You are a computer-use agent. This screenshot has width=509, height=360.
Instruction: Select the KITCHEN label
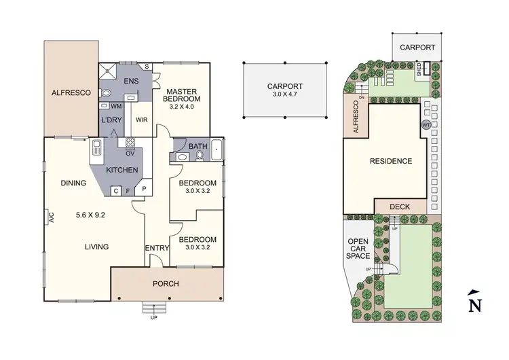(x=122, y=170)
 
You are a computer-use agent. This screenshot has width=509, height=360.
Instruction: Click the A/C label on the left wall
(x=50, y=217)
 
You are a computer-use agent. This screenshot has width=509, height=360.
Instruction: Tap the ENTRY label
(x=157, y=248)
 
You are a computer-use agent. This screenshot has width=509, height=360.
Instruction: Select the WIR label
(x=142, y=120)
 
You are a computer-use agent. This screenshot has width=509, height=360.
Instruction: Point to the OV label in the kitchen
(x=129, y=153)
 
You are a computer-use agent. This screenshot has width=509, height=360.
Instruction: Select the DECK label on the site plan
(x=400, y=206)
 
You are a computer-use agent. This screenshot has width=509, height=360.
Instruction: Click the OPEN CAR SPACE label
(x=358, y=249)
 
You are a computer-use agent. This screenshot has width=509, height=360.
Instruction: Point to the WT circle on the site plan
(x=426, y=125)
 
